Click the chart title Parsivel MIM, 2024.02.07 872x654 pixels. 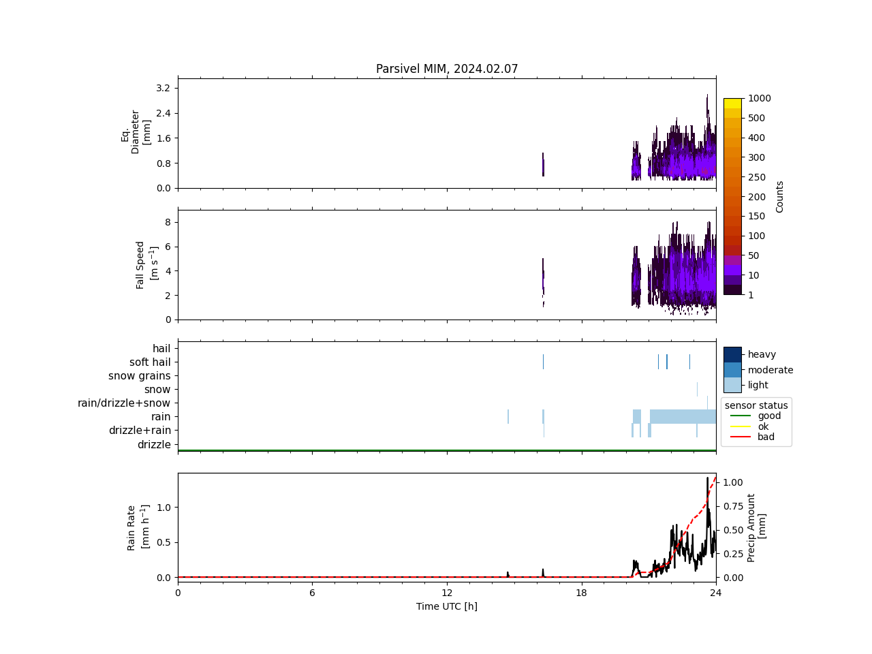pos(447,69)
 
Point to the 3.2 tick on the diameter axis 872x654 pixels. pos(163,88)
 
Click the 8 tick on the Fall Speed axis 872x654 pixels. pos(168,222)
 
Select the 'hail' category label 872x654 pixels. pos(161,349)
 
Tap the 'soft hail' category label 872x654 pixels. pos(150,362)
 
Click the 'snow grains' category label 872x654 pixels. pos(139,376)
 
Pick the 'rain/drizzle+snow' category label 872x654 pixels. pos(124,403)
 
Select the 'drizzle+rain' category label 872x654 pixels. pos(140,431)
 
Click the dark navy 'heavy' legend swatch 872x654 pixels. pos(732,354)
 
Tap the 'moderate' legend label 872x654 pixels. pos(770,370)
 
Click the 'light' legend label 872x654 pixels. pos(758,385)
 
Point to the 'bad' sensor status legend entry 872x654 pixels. pos(766,437)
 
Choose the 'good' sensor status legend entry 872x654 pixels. pos(769,416)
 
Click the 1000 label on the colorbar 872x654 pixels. pos(759,98)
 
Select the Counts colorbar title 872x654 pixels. pos(780,197)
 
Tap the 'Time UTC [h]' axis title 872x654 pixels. pos(447,606)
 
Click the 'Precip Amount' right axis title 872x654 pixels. pos(756,527)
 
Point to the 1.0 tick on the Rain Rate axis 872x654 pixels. pos(163,508)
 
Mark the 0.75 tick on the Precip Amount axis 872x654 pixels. pos(733,506)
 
